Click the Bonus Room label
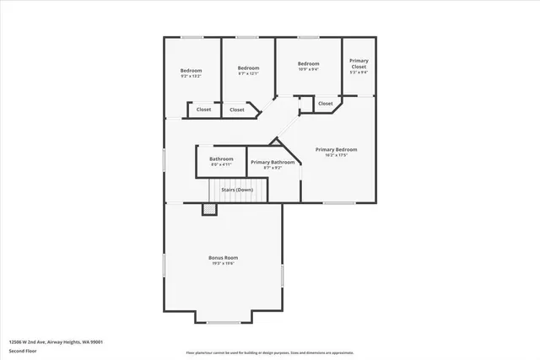click(224, 257)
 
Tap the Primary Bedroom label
click(336, 149)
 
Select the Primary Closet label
click(359, 62)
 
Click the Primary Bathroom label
click(273, 162)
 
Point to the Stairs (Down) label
click(237, 190)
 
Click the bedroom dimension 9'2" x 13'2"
click(192, 76)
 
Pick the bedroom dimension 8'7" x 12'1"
click(247, 73)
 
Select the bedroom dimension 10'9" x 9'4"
click(308, 70)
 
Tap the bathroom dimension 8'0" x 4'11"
click(221, 164)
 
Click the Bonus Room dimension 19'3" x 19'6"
click(224, 263)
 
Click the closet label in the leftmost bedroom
click(203, 110)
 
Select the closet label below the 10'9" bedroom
click(325, 104)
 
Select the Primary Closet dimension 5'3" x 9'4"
click(359, 72)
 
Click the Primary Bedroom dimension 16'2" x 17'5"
click(336, 155)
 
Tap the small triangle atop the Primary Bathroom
click(273, 145)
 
